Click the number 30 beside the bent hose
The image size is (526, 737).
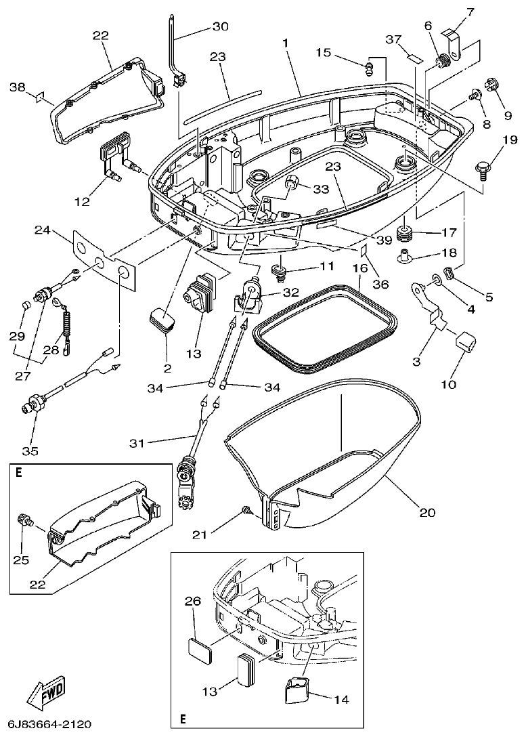220,26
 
